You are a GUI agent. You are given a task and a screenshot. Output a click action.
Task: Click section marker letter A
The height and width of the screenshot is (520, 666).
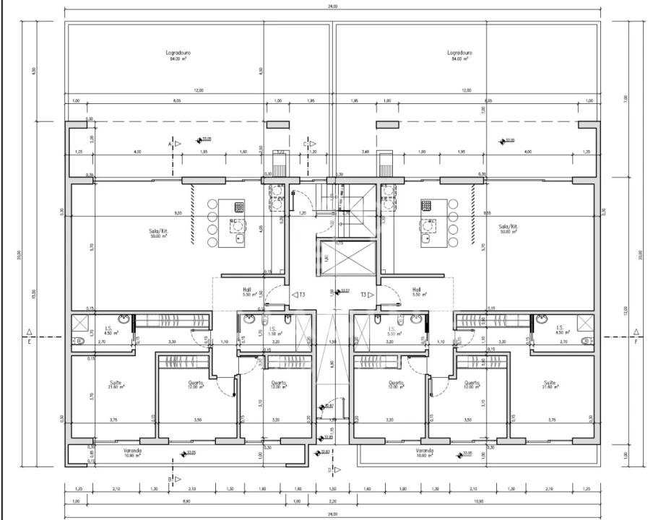click(170, 144)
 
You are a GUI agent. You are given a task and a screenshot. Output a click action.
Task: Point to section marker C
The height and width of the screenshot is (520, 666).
click(306, 144)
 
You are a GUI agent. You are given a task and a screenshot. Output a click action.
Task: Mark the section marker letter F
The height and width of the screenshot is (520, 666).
click(636, 342)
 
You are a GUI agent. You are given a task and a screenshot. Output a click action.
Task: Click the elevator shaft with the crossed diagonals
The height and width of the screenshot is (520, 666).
click(347, 258)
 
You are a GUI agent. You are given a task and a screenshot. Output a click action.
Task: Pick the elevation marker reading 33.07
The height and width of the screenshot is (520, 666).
click(345, 292)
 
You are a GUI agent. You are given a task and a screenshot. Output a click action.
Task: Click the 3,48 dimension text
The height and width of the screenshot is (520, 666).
click(366, 152)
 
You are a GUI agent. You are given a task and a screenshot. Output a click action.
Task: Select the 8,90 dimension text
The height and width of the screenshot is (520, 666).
click(186, 501)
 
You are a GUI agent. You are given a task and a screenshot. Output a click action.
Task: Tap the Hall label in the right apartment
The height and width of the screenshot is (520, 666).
click(416, 289)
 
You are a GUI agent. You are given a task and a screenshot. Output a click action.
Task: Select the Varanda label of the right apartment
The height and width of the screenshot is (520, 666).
click(424, 451)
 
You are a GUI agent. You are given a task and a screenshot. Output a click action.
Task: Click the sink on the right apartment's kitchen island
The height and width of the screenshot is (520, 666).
click(428, 235)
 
